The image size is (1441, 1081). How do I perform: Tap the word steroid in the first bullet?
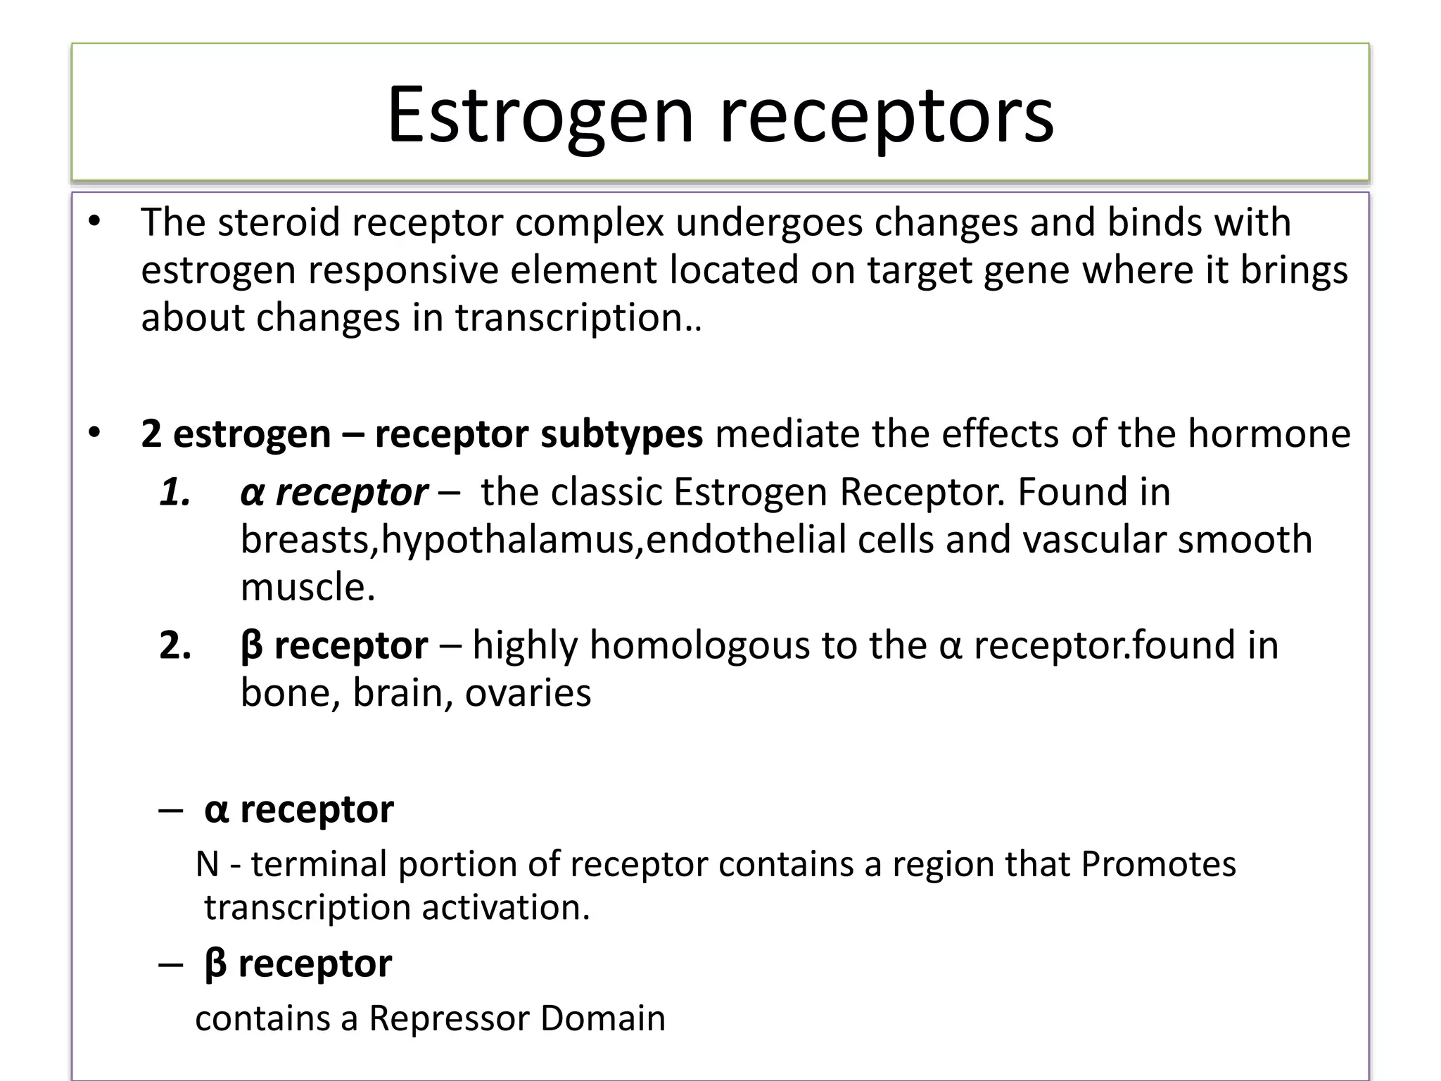279,222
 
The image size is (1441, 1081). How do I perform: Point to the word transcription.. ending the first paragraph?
578,317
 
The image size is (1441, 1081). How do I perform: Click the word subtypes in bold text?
621,434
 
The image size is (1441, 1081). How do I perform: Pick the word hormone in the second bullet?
1269,434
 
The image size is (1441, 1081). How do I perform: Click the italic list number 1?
175,492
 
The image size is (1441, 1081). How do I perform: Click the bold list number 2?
175,645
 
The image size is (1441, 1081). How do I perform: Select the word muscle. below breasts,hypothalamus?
308,587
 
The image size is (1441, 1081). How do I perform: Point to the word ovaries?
528,693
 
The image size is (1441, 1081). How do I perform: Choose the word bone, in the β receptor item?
290,693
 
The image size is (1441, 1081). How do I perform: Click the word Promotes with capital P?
1158,864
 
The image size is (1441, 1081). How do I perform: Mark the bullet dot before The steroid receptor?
94,223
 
